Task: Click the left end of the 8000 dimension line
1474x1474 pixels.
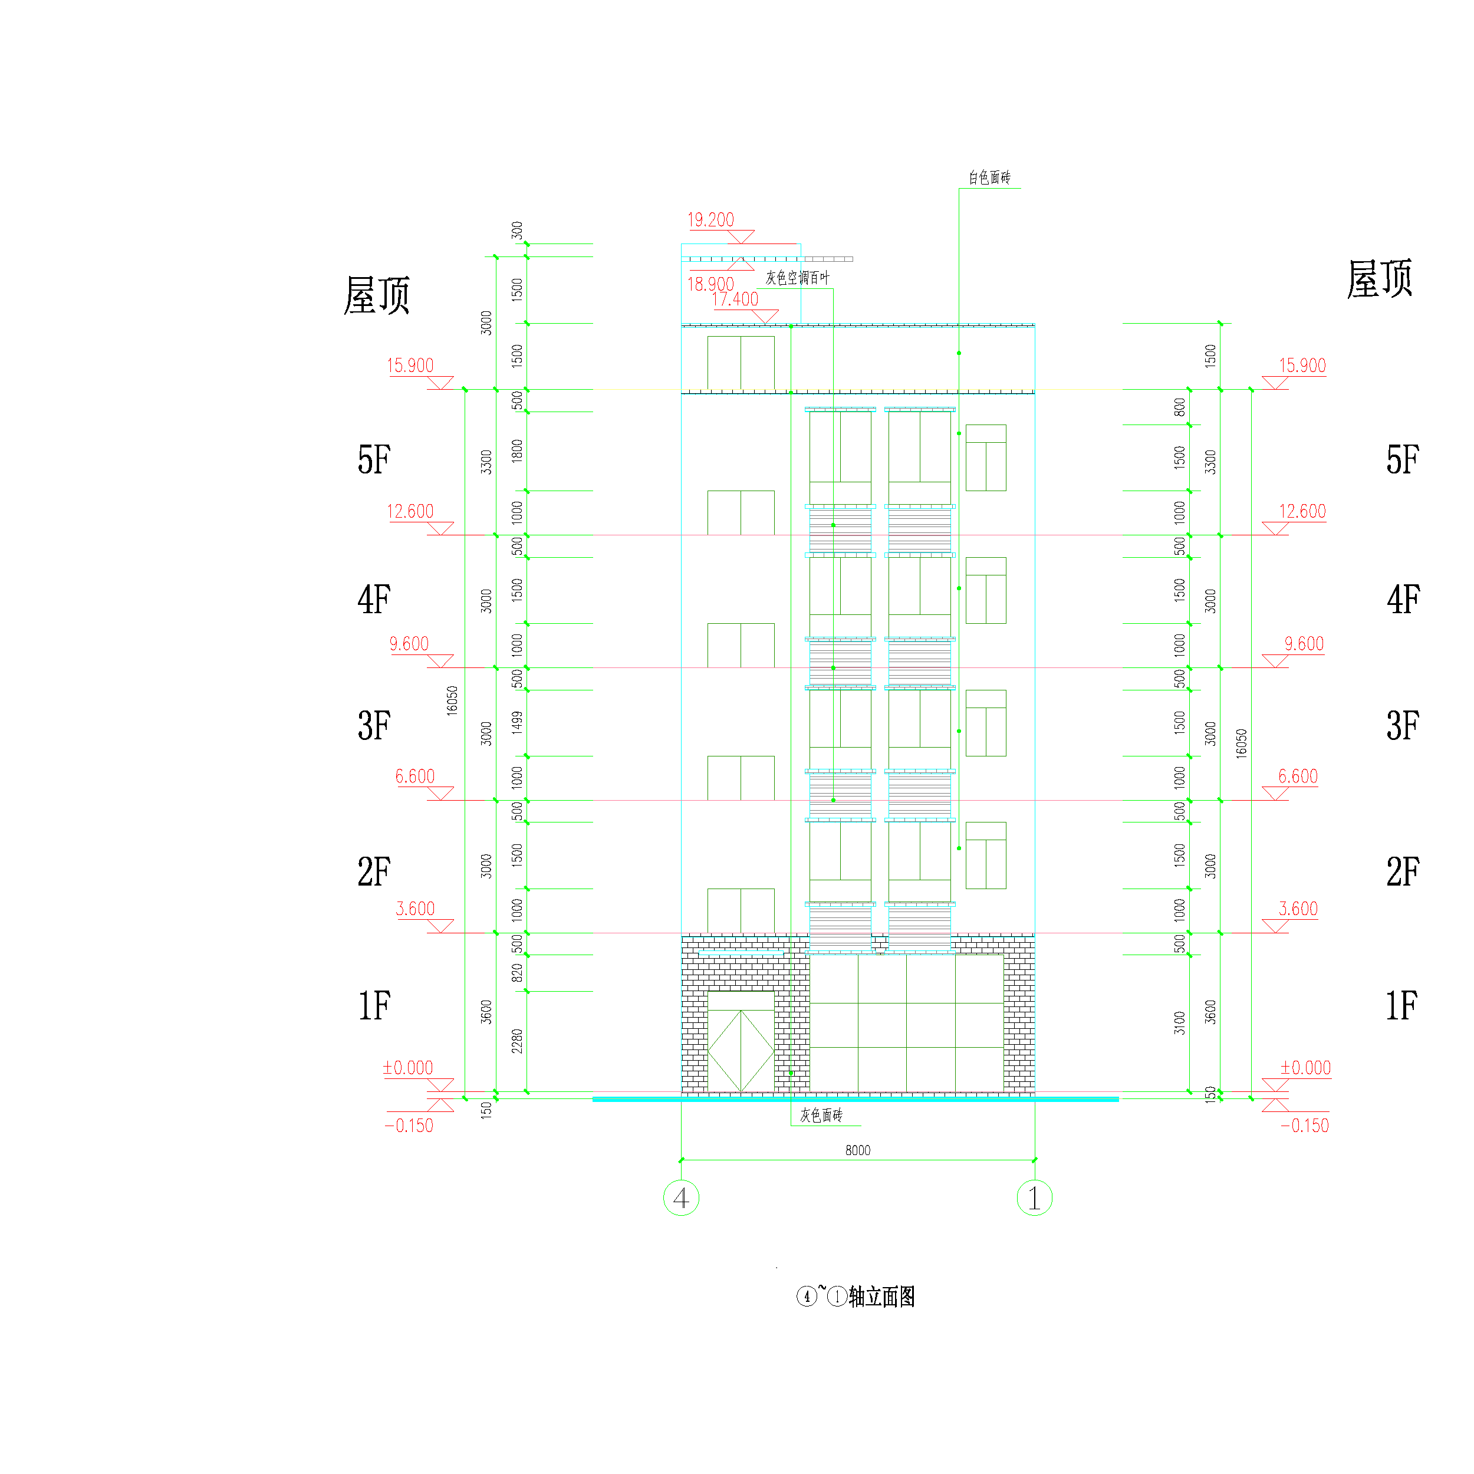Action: click(682, 1160)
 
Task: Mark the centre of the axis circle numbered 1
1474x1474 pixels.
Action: click(1035, 1198)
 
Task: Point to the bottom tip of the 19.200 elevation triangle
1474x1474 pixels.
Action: click(740, 244)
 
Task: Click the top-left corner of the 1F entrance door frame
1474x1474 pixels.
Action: click(708, 991)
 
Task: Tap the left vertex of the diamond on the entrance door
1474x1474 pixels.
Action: click(708, 1051)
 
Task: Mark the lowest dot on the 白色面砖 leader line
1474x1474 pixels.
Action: click(959, 848)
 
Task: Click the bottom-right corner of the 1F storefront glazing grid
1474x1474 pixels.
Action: click(1003, 1092)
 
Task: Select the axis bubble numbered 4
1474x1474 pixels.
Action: click(682, 1198)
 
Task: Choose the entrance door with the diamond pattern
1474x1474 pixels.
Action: click(741, 1041)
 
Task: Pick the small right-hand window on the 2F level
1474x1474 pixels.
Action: click(986, 856)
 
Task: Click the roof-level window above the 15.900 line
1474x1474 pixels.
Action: click(741, 363)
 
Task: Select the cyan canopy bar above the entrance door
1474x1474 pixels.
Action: click(741, 953)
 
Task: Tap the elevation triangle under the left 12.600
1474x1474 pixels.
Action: click(440, 529)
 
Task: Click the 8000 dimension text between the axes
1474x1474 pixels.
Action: click(857, 1150)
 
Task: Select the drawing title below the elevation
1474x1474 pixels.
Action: click(856, 1296)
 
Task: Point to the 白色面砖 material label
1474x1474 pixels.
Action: click(989, 178)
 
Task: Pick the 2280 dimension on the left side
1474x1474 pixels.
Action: click(517, 1041)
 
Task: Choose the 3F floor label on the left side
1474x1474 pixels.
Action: click(374, 726)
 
